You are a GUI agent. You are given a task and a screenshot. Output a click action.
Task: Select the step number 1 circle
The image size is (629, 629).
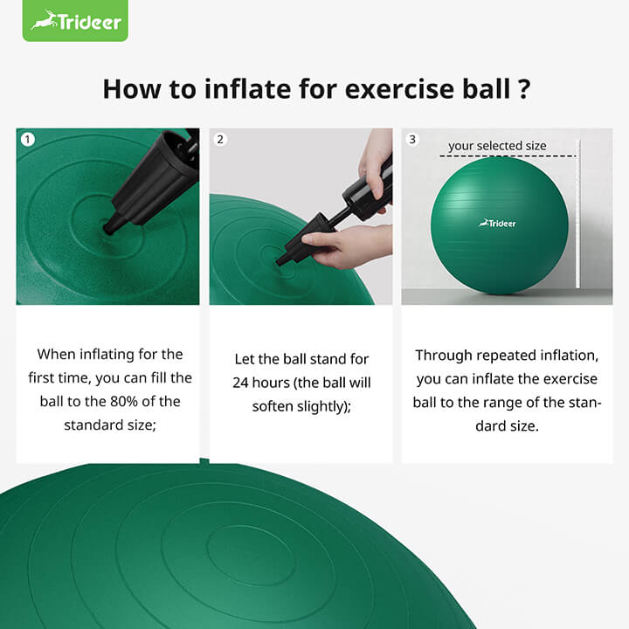(28, 139)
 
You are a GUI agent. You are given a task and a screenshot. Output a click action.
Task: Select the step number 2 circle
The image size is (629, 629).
(220, 139)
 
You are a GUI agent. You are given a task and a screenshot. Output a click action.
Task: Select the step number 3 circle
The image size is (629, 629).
(412, 139)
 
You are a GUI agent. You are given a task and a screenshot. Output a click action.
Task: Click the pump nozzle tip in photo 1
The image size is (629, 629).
(110, 229)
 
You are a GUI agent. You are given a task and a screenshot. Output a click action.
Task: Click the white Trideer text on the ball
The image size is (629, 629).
(498, 223)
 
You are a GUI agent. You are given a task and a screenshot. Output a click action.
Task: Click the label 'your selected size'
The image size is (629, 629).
(497, 146)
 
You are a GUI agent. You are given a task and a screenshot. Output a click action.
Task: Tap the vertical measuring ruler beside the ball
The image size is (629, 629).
(578, 218)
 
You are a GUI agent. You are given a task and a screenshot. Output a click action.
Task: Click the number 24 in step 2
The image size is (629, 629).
(242, 383)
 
